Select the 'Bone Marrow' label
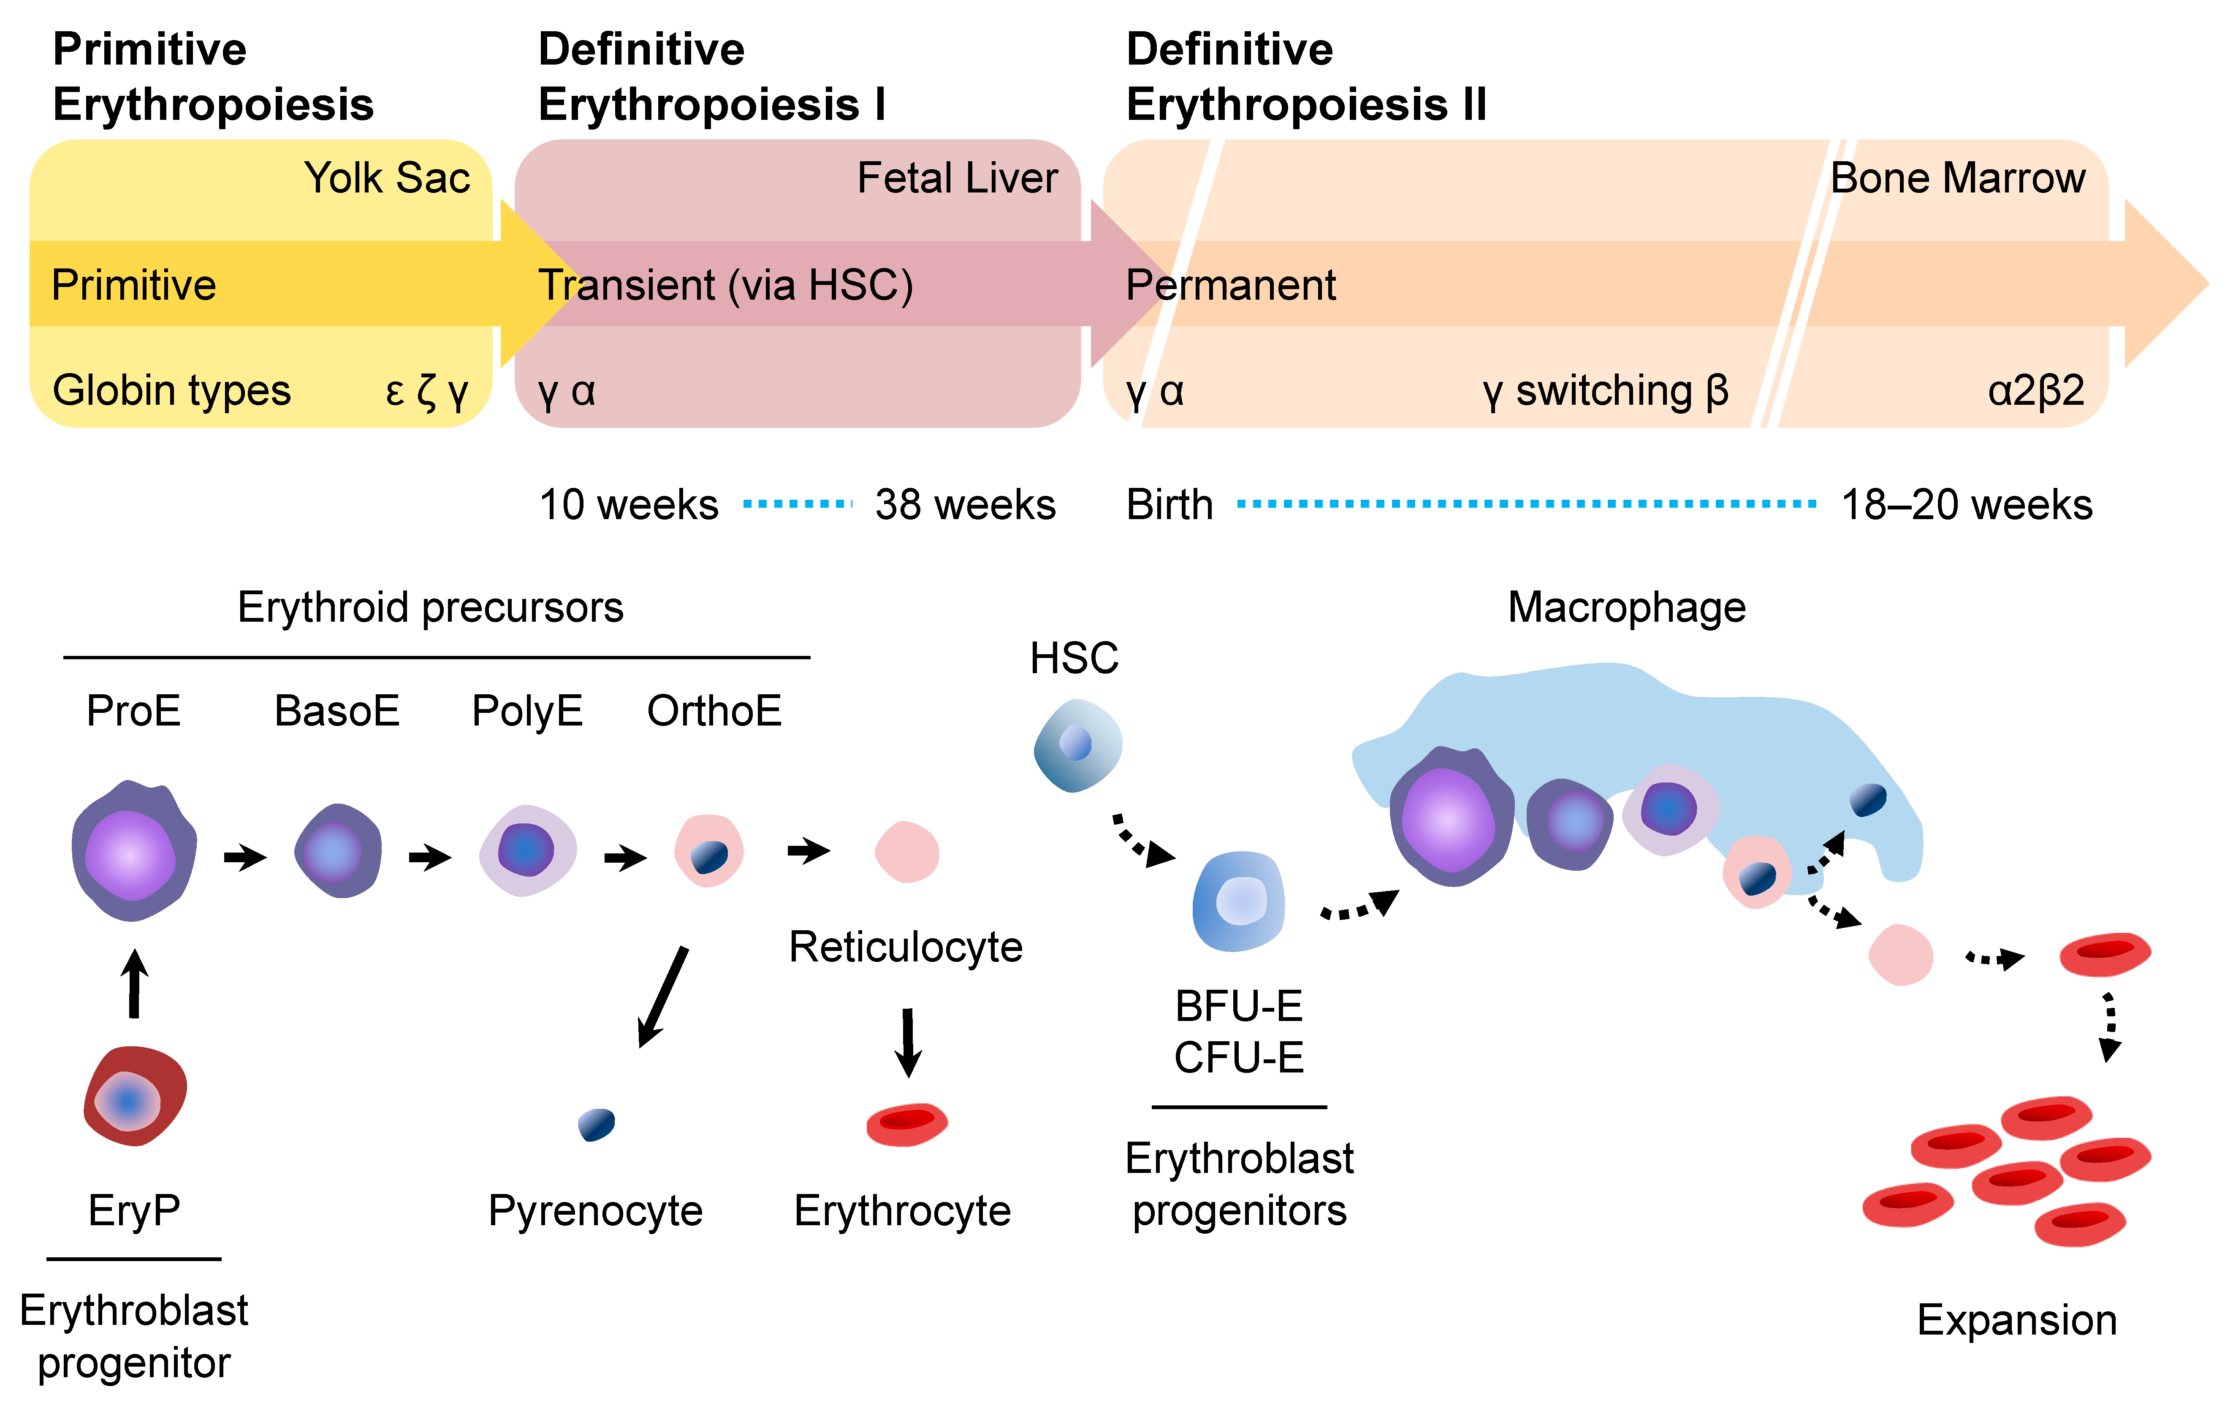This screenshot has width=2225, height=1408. tap(1957, 178)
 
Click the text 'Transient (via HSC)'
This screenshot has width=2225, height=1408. tap(725, 285)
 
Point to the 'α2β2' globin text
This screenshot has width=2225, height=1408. tap(2035, 391)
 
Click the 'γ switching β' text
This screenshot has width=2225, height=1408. tap(1605, 391)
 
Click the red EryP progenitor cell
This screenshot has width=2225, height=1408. tap(135, 1097)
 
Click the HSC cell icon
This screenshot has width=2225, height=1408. tap(1077, 745)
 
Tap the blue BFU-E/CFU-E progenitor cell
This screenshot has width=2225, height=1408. tap(1238, 902)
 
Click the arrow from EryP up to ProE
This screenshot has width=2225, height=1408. tap(135, 984)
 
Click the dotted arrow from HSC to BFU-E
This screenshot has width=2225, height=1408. tap(1142, 841)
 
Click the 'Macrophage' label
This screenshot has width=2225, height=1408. tap(1626, 608)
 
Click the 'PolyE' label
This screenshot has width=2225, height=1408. tap(526, 712)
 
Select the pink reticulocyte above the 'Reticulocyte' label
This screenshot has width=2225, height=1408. tap(906, 852)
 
